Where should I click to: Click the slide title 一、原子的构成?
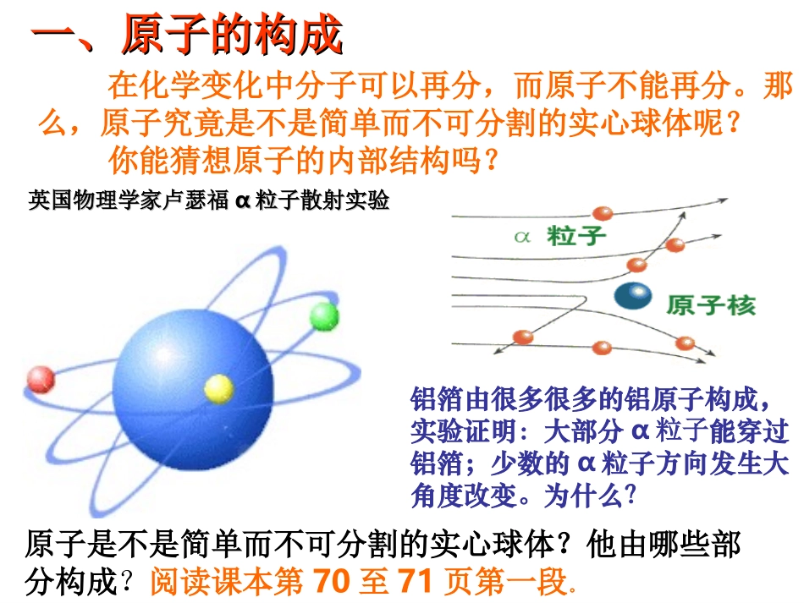point(187,35)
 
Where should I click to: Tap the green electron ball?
point(323,316)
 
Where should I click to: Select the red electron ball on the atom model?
point(41,380)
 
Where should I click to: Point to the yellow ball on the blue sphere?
point(218,388)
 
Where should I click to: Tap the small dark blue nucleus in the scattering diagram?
point(634,295)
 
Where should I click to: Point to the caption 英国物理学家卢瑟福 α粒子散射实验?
point(209,201)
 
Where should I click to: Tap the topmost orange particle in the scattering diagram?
point(603,213)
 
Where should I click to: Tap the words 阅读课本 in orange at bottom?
point(203,582)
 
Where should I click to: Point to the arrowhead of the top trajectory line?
point(724,201)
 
